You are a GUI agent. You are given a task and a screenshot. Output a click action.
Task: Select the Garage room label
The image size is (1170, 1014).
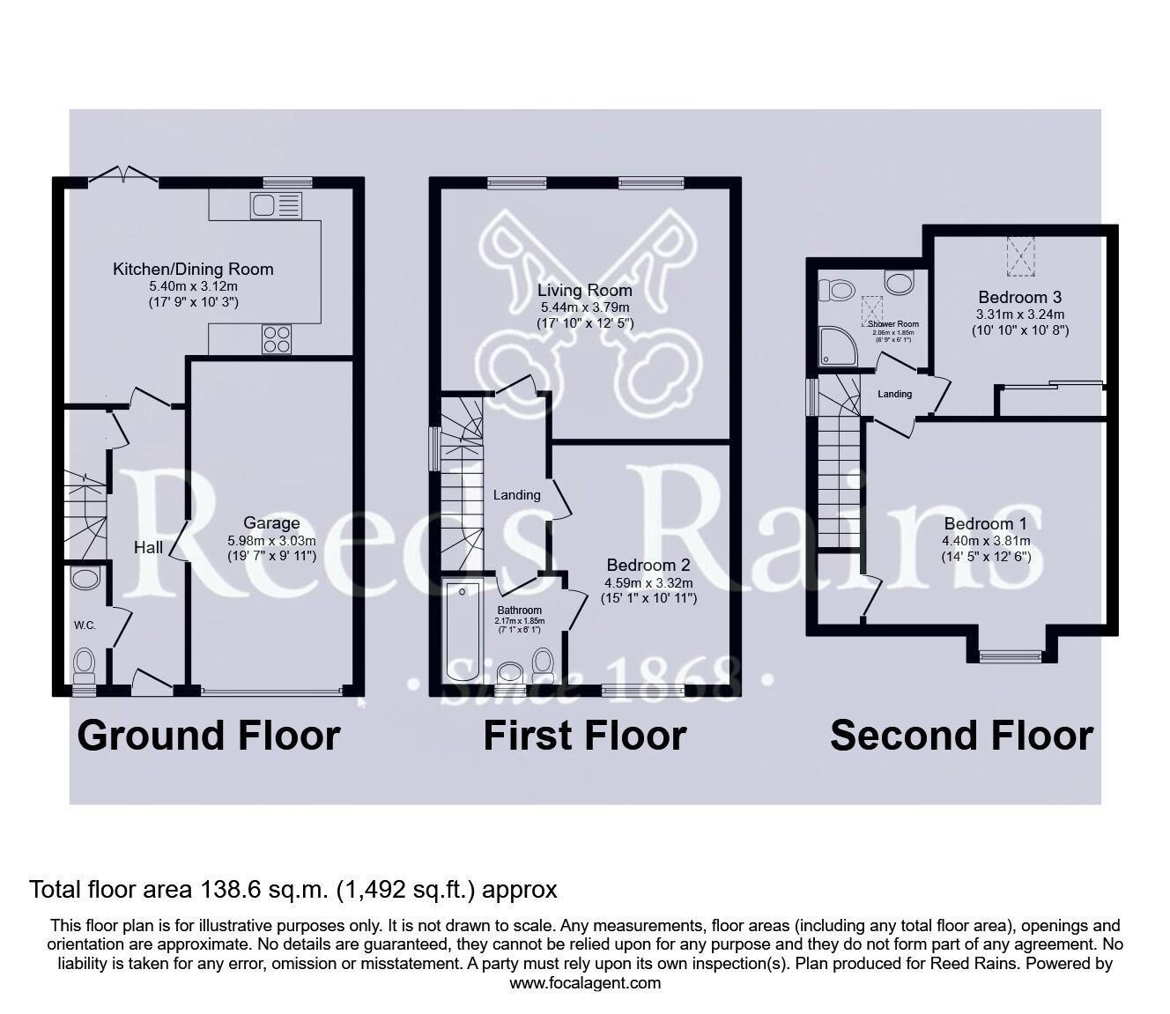pyautogui.click(x=271, y=523)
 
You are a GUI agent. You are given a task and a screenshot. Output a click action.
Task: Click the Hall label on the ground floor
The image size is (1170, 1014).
pyautogui.click(x=148, y=548)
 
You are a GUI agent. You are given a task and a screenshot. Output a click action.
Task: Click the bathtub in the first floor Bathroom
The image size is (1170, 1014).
pyautogui.click(x=462, y=631)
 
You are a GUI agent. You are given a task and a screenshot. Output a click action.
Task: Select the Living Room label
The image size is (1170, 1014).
pyautogui.click(x=585, y=290)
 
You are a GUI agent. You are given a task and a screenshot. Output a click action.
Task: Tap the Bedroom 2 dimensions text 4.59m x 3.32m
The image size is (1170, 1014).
pyautogui.click(x=648, y=582)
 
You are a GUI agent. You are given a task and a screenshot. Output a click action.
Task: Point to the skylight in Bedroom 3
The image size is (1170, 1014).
pyautogui.click(x=1019, y=255)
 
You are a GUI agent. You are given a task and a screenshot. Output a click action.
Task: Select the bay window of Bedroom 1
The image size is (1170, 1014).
pyautogui.click(x=1011, y=655)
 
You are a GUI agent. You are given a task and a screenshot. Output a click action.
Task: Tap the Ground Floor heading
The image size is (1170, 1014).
pyautogui.click(x=209, y=736)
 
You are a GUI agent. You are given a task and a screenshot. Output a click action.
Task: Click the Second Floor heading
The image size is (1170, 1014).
pyautogui.click(x=961, y=736)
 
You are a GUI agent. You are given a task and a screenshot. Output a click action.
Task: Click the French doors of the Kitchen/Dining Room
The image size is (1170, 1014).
pyautogui.click(x=122, y=175)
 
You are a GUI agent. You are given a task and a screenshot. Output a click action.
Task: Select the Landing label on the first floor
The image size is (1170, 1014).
pyautogui.click(x=516, y=495)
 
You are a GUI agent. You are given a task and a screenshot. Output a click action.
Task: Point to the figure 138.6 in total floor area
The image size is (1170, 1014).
pyautogui.click(x=221, y=890)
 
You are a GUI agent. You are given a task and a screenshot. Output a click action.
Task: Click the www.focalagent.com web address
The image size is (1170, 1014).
pyautogui.click(x=585, y=983)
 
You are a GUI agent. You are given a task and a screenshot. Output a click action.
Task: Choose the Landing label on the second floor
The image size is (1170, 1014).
pyautogui.click(x=894, y=394)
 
